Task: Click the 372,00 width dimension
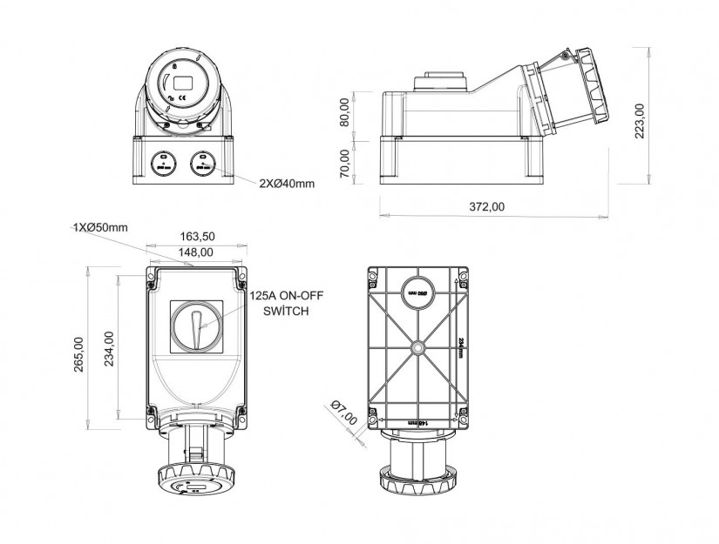(x=487, y=205)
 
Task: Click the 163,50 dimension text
(x=197, y=236)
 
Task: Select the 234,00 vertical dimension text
(x=107, y=350)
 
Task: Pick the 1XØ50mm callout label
(x=100, y=227)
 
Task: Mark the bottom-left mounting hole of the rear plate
(x=373, y=411)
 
